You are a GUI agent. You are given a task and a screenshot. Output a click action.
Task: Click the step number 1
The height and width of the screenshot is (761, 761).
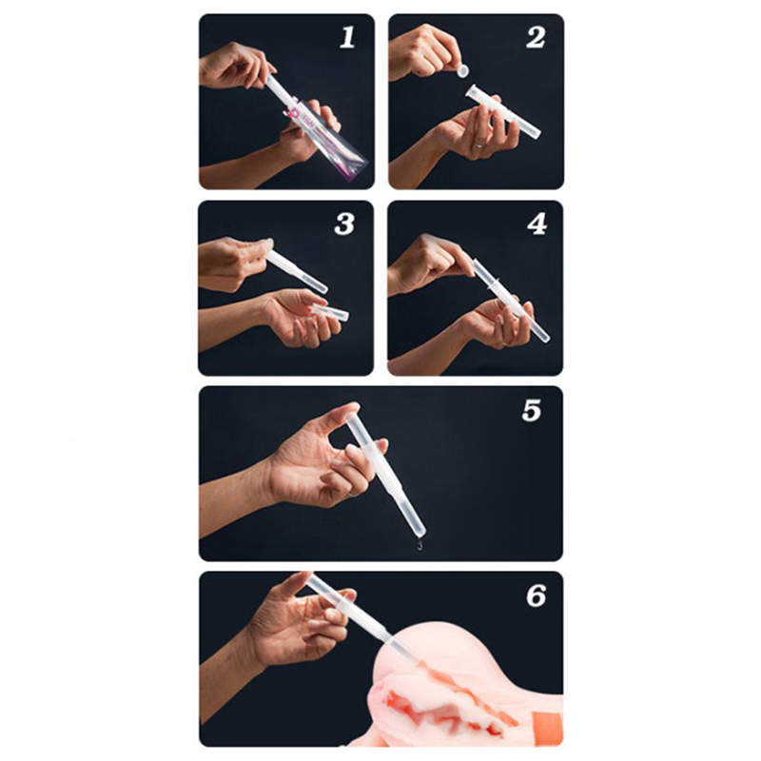[347, 37]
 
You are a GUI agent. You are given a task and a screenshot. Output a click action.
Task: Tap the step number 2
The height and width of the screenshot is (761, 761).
[536, 37]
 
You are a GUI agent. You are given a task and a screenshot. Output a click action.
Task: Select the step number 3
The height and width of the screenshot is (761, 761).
[344, 224]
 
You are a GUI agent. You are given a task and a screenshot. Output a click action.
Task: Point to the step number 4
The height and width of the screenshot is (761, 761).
[537, 224]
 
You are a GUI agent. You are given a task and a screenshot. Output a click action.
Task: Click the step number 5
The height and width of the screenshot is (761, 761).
[532, 410]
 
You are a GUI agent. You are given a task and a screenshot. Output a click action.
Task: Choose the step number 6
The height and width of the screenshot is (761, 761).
[536, 595]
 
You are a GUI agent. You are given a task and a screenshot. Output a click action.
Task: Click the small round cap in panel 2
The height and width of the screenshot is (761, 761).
[463, 70]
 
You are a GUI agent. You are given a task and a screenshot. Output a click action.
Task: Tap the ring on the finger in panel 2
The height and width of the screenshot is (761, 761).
[478, 145]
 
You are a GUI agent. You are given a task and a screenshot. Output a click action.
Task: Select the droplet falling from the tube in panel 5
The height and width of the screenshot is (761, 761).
[420, 545]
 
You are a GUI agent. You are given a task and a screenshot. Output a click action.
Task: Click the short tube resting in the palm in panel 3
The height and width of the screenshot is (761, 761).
[330, 312]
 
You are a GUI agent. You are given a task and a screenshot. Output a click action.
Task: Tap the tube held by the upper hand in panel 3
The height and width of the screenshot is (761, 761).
[297, 272]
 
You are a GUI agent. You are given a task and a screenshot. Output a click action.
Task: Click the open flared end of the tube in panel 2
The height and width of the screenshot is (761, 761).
[472, 91]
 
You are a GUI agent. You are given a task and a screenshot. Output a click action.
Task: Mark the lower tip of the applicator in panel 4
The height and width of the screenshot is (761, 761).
[546, 339]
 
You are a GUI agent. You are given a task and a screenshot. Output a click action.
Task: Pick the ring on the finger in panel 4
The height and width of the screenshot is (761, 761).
[506, 342]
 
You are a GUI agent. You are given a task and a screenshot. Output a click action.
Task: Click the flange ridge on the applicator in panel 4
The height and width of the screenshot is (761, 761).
[494, 285]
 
